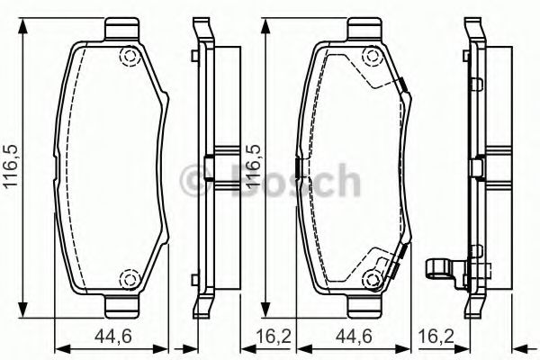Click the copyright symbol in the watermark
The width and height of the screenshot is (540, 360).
[193, 182]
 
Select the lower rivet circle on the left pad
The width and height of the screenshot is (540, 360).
[129, 278]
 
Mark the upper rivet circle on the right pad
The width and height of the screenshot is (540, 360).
[371, 60]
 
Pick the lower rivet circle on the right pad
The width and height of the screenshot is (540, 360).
[371, 278]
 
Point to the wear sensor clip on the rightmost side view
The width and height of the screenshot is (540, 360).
[440, 267]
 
